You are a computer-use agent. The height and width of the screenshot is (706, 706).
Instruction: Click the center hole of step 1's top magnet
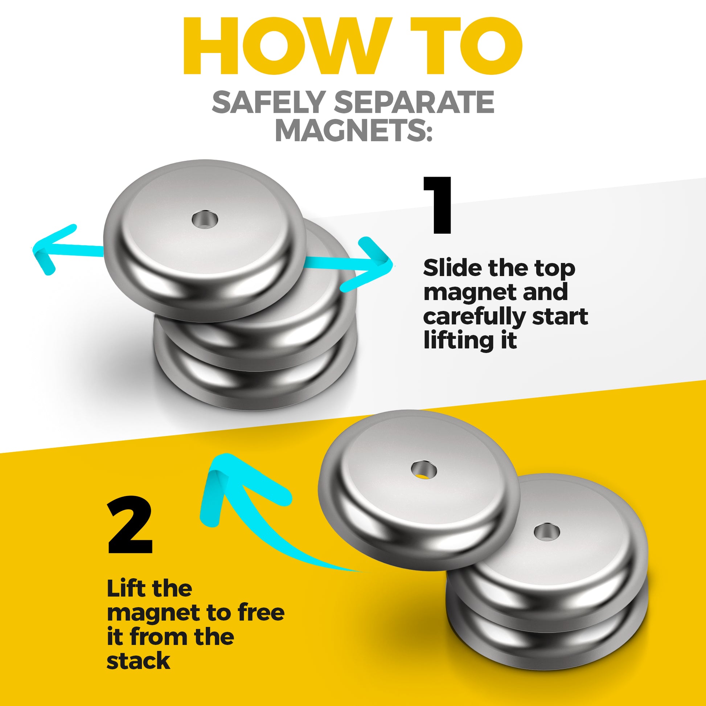pyautogui.click(x=205, y=220)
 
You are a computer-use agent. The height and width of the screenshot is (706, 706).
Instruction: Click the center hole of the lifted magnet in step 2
pyautogui.click(x=423, y=469)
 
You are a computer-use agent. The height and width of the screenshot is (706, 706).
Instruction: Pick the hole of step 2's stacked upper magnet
pyautogui.click(x=546, y=532)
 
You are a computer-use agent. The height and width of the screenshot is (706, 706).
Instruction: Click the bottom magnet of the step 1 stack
pyautogui.click(x=256, y=384)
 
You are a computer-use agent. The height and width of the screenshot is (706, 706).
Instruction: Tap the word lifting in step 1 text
pyautogui.click(x=459, y=340)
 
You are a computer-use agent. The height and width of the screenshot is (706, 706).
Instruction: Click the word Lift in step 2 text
pyautogui.click(x=122, y=588)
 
